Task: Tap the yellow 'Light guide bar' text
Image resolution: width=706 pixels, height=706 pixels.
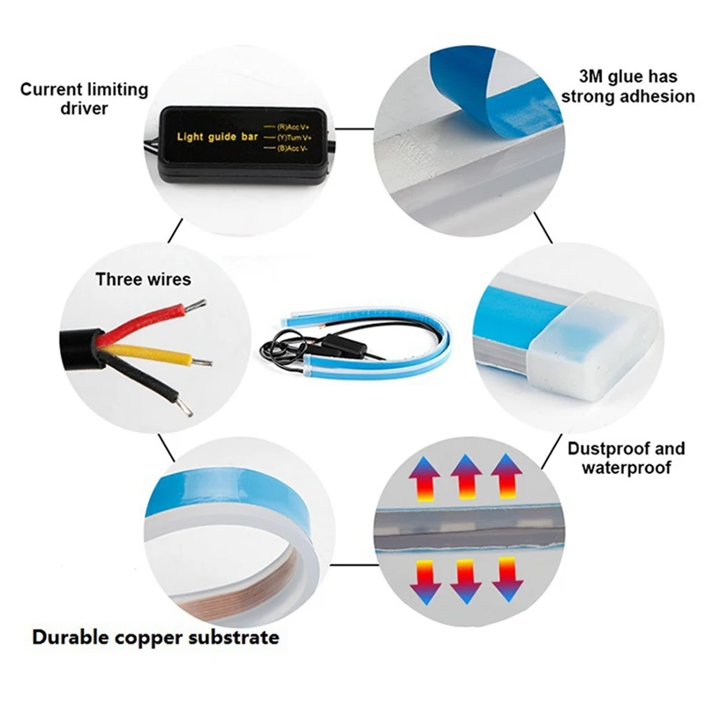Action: [217, 137]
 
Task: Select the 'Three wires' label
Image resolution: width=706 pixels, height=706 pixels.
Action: [143, 280]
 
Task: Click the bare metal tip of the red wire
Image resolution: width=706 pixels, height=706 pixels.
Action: [197, 304]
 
